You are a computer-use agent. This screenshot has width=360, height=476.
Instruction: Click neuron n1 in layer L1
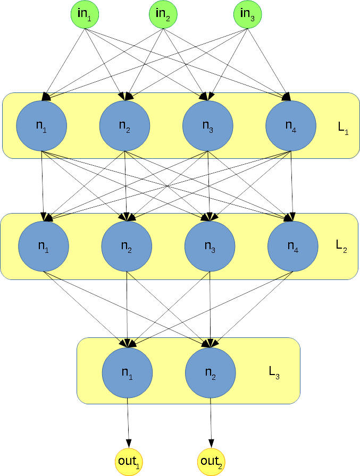(41, 125)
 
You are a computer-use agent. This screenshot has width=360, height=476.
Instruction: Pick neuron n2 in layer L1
(124, 125)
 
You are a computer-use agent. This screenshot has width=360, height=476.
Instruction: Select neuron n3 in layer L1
(207, 125)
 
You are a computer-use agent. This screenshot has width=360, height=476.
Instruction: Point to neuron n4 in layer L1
(290, 125)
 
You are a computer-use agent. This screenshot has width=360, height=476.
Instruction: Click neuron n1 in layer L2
(44, 246)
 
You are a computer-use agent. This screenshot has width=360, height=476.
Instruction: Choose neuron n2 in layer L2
(127, 246)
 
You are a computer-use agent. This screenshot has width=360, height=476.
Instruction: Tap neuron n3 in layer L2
(210, 246)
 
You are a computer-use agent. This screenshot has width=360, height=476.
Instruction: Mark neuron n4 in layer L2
(292, 246)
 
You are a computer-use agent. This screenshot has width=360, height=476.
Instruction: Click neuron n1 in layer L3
(127, 373)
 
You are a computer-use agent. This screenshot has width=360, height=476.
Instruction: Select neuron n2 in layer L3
(210, 373)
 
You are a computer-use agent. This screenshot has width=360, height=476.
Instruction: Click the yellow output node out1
(129, 461)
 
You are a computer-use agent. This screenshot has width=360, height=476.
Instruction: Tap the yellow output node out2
(212, 461)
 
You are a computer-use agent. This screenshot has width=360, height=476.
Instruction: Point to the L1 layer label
(343, 130)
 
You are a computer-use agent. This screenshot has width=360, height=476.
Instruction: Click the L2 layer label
(341, 246)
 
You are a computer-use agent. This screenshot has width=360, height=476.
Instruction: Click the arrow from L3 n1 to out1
(128, 422)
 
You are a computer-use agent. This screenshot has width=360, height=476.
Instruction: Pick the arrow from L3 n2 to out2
(211, 422)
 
